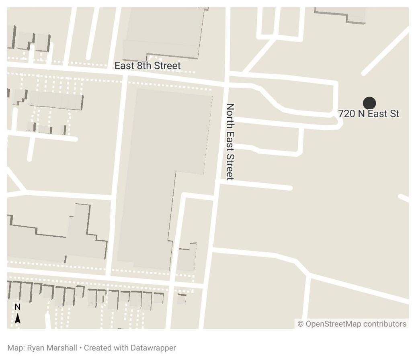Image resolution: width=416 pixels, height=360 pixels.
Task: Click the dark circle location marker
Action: pos(369,103)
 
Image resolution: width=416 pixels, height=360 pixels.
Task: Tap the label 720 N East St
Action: pos(369,114)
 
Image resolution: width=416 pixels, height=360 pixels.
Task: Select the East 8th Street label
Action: pos(148,65)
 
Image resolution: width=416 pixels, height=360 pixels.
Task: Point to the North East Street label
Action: pos(230,141)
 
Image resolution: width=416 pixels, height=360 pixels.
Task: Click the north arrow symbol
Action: pos(18,318)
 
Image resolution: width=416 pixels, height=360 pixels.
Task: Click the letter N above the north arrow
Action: pos(18,307)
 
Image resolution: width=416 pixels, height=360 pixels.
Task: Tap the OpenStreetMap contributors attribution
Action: pos(352,324)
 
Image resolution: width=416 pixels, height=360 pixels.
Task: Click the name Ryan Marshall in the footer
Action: pos(52,348)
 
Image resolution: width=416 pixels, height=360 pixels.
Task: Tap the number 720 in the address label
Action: pos(347,114)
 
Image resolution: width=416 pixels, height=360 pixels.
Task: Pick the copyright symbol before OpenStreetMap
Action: pos(301,324)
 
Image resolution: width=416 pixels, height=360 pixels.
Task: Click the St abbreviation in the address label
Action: pos(394,114)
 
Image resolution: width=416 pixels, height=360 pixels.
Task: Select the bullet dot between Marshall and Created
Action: pos(80,348)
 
